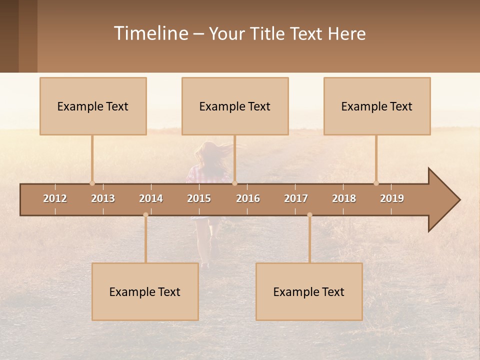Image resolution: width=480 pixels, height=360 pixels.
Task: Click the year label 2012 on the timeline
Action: (55, 198)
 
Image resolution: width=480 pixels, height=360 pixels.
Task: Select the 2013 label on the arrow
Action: (103, 198)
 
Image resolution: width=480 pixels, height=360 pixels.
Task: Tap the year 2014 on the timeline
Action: (151, 198)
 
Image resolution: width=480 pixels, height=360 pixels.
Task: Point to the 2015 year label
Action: (199, 198)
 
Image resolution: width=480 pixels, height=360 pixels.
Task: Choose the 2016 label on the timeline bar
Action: (248, 198)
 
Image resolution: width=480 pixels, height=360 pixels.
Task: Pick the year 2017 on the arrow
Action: (296, 198)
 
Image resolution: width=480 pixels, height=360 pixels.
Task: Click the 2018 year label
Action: (344, 198)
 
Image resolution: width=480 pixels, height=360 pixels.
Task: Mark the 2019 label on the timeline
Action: (392, 198)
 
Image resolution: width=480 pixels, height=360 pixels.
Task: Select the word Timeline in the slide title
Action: (150, 33)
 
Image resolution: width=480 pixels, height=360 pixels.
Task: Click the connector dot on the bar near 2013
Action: (92, 183)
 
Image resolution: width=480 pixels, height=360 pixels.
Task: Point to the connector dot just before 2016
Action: (235, 183)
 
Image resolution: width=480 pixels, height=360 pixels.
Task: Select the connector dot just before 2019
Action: (376, 183)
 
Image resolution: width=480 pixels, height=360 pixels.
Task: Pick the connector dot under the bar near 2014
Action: (145, 215)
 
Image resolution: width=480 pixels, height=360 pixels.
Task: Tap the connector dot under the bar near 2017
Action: (309, 215)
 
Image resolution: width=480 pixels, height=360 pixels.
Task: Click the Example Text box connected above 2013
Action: (93, 106)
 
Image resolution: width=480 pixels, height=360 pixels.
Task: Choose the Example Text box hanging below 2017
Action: (309, 291)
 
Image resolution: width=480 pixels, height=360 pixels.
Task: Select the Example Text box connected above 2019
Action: (377, 106)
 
